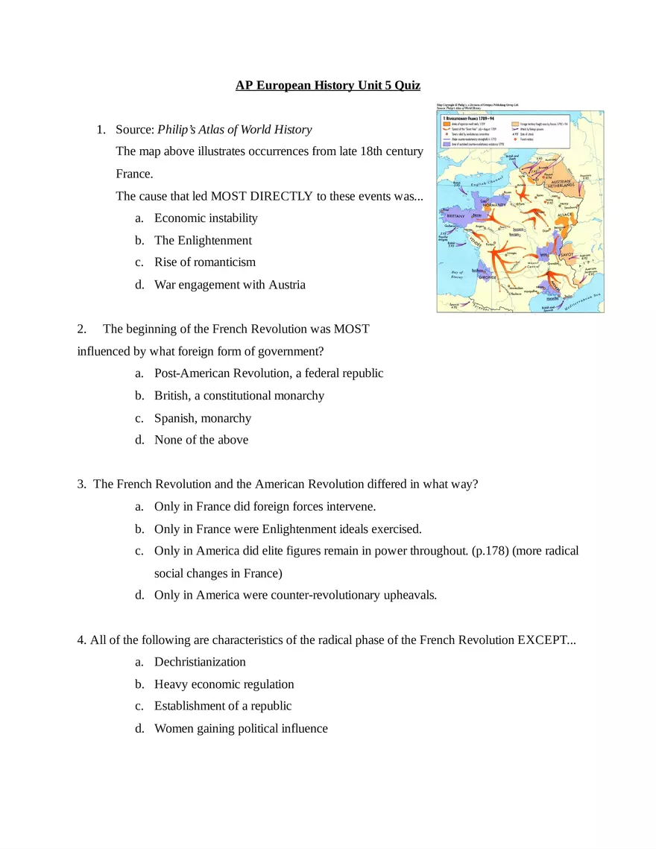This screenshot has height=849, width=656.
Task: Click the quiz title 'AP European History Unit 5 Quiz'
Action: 328,86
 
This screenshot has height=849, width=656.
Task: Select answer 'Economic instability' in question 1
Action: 206,218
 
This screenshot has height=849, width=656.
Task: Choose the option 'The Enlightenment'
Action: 203,241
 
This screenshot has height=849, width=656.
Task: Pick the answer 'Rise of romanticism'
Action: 204,262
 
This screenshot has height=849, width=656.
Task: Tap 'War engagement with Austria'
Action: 230,285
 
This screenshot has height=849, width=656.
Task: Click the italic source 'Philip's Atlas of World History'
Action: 234,130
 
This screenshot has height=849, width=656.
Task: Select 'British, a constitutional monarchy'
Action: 239,396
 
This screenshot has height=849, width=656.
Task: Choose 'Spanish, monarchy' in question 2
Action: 203,418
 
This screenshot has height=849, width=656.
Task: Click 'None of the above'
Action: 201,440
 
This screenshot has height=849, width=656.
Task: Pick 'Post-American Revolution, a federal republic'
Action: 268,373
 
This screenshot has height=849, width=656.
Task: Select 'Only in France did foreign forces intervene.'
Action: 265,507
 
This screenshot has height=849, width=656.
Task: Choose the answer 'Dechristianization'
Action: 200,662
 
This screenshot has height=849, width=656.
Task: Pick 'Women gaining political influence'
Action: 241,729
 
